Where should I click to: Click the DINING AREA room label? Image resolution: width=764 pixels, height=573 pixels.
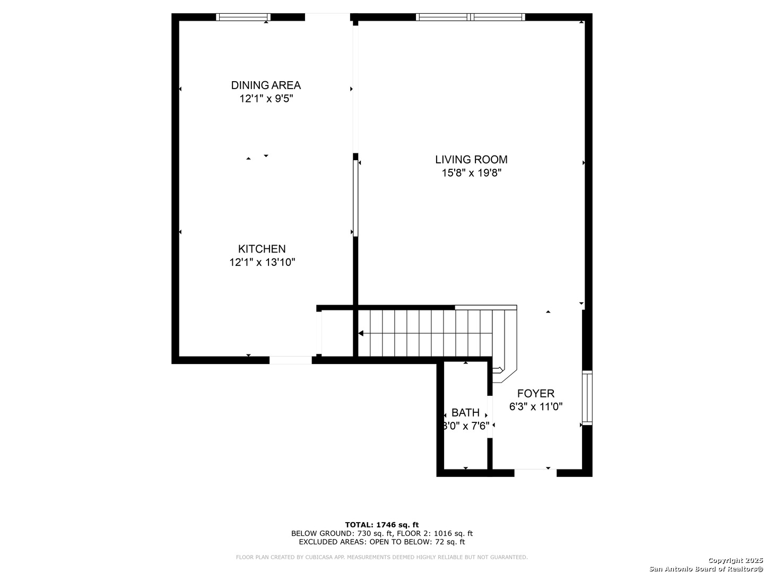coord(266,85)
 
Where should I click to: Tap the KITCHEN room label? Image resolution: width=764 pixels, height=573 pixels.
coord(262,249)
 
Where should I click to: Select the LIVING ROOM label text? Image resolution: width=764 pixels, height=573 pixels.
coord(471,160)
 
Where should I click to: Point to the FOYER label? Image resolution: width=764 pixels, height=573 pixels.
coord(536,394)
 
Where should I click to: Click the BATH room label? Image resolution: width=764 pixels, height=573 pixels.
coord(465,413)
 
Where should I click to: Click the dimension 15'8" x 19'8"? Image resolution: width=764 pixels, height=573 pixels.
coord(471,173)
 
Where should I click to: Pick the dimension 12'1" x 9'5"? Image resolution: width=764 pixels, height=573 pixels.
coord(266,99)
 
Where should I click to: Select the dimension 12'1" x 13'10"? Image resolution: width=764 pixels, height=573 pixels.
coord(262,262)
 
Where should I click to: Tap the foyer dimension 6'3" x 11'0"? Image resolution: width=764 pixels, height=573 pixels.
coord(536,407)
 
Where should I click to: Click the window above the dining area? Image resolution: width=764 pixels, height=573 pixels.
coord(243,17)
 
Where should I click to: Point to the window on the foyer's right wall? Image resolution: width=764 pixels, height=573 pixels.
coord(587,397)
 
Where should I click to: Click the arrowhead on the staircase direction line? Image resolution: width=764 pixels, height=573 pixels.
coord(361,333)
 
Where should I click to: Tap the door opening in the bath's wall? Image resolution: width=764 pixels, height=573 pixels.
coord(489,417)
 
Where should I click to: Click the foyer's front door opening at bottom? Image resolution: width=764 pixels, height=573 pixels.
coord(535,473)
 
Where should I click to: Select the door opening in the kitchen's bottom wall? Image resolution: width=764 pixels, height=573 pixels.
coord(291,360)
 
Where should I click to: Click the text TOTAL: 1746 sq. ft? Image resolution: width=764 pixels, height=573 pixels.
coord(382,525)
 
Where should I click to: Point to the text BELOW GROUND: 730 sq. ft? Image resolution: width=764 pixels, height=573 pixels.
coord(342,533)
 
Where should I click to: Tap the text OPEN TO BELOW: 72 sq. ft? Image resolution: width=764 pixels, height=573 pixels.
coord(417,542)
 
